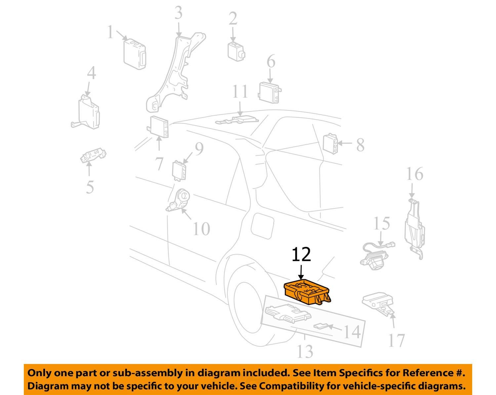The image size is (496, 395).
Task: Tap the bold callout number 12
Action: coord(302,255)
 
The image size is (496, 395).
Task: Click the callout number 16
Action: coord(414,174)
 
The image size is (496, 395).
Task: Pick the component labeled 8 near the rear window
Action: coord(330,144)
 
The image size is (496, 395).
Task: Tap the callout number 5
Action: coord(90,187)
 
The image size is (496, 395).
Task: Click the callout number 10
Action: coord(201,229)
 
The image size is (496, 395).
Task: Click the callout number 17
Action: coord(396,341)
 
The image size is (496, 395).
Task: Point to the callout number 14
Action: coord(352,332)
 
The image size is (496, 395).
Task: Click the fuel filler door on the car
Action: coord(262,226)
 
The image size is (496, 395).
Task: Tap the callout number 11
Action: coord(240,91)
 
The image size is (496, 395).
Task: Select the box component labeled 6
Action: coord(270,92)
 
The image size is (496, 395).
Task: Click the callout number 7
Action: coord(159,164)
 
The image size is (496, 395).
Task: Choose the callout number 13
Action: coord(305,351)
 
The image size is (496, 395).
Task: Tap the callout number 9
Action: coord(199,149)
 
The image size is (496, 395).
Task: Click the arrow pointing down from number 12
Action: coord(301,272)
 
